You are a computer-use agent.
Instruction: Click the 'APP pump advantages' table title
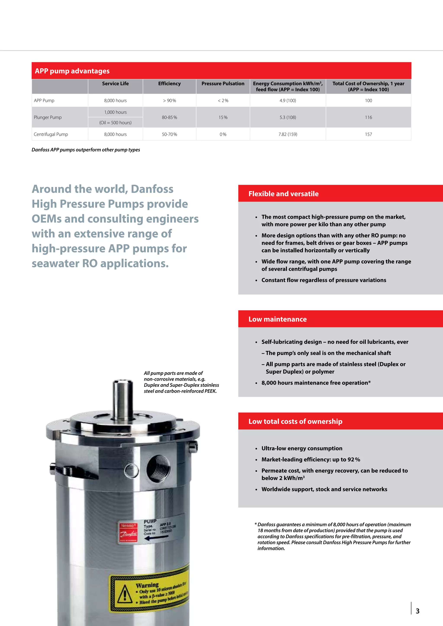(x=72, y=71)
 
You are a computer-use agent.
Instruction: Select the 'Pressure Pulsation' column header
(x=223, y=84)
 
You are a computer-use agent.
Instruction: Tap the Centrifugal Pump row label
(x=51, y=134)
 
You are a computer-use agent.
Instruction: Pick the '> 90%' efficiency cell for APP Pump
(x=169, y=101)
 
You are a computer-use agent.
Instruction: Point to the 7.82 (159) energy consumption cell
(x=288, y=134)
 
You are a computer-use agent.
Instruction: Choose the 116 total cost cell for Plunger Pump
(x=368, y=117)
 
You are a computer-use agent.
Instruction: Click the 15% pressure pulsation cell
(x=223, y=117)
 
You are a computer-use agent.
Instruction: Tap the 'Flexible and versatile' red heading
(x=283, y=194)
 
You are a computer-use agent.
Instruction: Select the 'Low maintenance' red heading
(x=278, y=319)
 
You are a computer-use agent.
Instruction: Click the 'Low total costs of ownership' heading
(x=295, y=422)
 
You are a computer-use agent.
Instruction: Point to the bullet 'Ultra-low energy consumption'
(x=302, y=449)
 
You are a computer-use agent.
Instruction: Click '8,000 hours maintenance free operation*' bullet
(x=316, y=383)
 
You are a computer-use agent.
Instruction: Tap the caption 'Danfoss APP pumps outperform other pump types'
(x=86, y=150)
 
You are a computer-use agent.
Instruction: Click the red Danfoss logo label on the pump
(x=128, y=533)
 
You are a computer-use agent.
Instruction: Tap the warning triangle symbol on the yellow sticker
(x=125, y=594)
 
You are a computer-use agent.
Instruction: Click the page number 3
(x=417, y=611)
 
